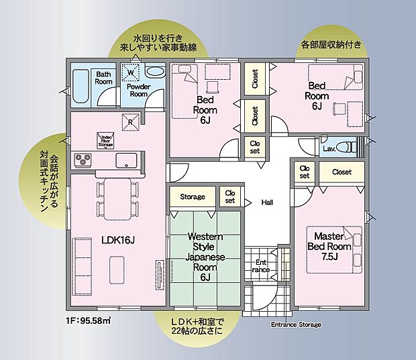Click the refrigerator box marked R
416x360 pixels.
click(x=131, y=121)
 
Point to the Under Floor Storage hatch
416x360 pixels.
click(x=105, y=140)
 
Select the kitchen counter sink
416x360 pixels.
click(x=126, y=160)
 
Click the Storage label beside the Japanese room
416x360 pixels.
click(x=192, y=197)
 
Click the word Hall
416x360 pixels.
click(x=266, y=201)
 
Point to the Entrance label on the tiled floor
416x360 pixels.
click(x=260, y=265)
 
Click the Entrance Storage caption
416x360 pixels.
click(x=295, y=324)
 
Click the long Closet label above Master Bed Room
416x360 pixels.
click(x=342, y=172)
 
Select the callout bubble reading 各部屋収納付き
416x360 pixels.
click(x=332, y=46)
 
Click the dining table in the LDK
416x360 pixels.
click(x=117, y=198)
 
